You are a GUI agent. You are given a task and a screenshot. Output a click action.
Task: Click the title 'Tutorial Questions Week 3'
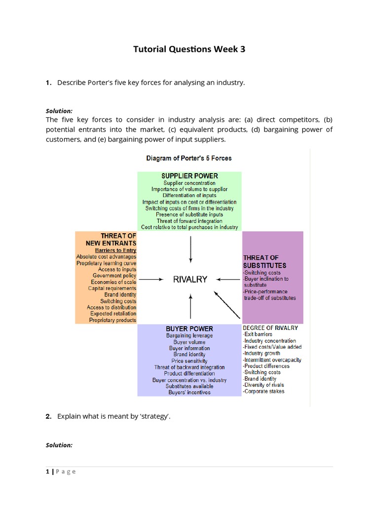189,49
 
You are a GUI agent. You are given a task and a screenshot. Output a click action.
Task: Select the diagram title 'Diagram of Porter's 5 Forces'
189,158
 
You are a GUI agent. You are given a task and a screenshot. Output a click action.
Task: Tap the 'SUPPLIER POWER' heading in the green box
189,176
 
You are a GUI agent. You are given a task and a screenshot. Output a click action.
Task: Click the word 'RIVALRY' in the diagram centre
190,279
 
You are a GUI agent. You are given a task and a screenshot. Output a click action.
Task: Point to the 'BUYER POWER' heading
189,328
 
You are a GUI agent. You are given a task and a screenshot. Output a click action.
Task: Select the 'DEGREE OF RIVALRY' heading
270,327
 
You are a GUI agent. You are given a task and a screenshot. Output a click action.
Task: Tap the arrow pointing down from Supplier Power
190,250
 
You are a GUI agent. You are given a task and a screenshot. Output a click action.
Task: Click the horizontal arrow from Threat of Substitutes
228,279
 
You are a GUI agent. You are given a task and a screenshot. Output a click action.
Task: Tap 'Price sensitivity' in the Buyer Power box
189,361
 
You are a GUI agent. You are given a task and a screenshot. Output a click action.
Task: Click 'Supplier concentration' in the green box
189,183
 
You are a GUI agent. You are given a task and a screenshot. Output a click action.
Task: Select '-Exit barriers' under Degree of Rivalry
258,334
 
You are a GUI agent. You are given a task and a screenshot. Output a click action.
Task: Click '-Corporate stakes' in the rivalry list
264,391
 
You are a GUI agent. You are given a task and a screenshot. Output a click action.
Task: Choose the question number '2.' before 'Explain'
48,416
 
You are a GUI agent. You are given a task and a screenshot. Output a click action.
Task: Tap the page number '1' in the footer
47,471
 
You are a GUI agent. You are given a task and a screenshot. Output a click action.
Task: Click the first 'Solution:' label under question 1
59,111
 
